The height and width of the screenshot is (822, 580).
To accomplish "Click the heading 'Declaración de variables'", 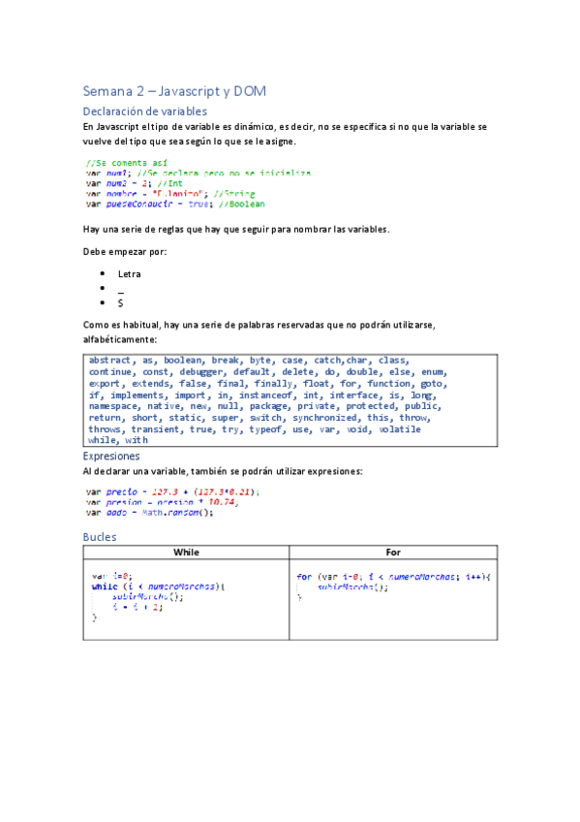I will point(144,111).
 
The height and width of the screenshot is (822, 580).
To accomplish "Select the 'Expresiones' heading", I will point(111,456).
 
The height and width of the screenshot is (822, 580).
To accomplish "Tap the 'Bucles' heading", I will point(100,536).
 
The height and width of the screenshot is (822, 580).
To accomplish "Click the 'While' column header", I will point(186,552).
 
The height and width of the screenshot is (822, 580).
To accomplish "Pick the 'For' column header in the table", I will point(393,552).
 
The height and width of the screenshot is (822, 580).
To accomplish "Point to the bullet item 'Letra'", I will point(129,274).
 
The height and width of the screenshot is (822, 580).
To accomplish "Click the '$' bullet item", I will point(120,303).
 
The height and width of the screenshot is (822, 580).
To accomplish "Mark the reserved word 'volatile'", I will point(399,429).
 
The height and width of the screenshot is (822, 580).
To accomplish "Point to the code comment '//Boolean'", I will point(241,204).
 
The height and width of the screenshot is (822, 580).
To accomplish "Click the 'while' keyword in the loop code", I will point(105,586).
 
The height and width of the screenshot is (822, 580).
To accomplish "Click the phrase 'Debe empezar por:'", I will point(125,252).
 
